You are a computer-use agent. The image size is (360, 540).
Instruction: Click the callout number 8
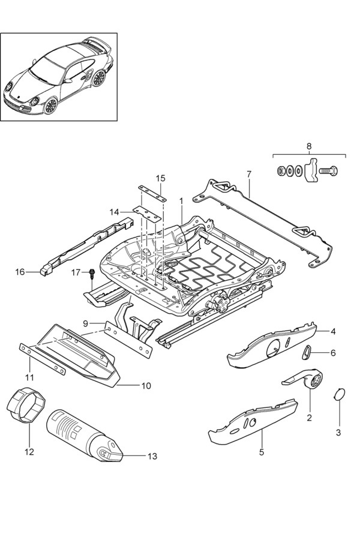[308, 146]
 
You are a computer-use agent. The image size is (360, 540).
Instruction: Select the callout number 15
[160, 178]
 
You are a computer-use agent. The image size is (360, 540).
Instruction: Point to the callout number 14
[115, 211]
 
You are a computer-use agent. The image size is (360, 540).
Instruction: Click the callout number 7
[248, 174]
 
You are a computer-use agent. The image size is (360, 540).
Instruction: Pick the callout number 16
[20, 272]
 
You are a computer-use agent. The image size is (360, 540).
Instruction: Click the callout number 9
[86, 323]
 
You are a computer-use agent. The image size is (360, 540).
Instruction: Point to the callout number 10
[146, 386]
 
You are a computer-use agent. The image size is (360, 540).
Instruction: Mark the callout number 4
[333, 331]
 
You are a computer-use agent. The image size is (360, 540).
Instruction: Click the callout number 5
[261, 452]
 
